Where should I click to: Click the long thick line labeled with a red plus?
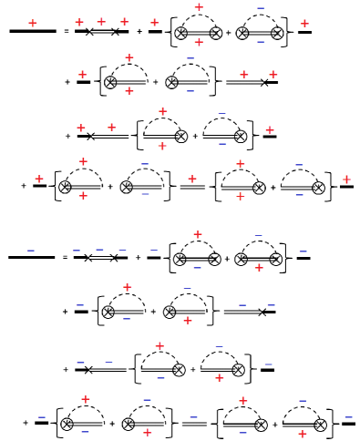point(32,32)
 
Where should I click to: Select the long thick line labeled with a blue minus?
point(31,258)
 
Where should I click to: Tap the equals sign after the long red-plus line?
point(66,32)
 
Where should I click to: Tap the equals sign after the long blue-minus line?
point(66,258)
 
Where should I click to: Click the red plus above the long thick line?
point(33,22)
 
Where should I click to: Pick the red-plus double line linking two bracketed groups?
point(192,189)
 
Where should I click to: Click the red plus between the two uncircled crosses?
point(101,21)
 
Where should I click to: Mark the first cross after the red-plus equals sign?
point(88,32)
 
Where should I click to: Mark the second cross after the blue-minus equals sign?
point(114,258)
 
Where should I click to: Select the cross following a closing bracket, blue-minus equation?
point(262,313)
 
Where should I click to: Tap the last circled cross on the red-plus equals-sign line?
point(277,32)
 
